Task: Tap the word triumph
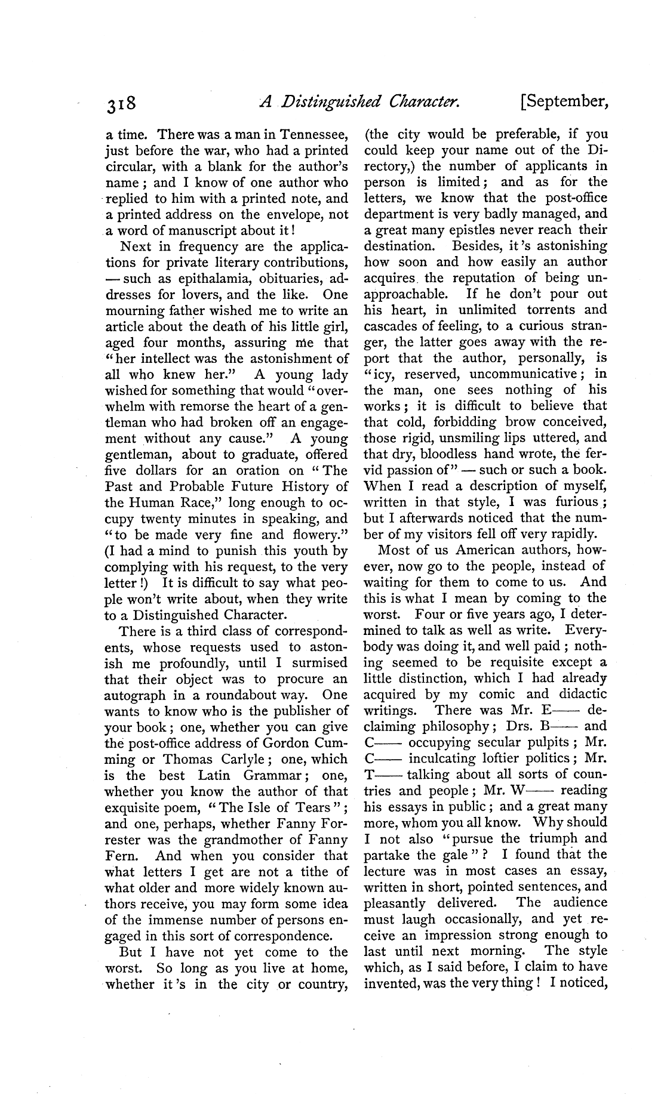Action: (x=542, y=838)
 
